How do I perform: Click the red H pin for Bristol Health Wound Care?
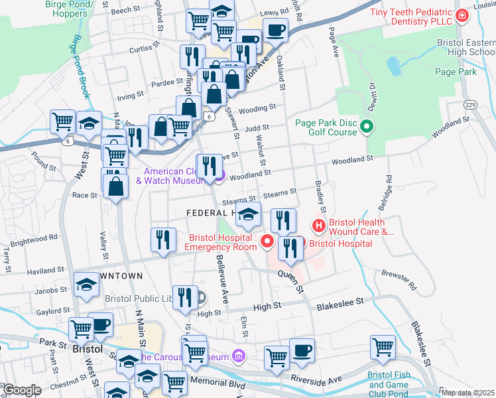click(x=319, y=227)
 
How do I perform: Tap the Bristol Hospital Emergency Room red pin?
click(x=267, y=241)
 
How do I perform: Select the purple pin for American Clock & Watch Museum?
click(x=219, y=175)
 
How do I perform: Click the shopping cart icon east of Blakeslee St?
click(x=383, y=346)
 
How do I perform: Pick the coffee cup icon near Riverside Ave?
click(x=302, y=350)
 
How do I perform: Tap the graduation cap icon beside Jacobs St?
click(x=86, y=285)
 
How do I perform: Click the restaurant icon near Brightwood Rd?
click(x=163, y=239)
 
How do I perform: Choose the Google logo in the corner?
click(x=21, y=390)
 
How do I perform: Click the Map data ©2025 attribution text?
click(x=467, y=393)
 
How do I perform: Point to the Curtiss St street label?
click(x=141, y=49)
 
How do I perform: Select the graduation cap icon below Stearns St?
click(x=249, y=214)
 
